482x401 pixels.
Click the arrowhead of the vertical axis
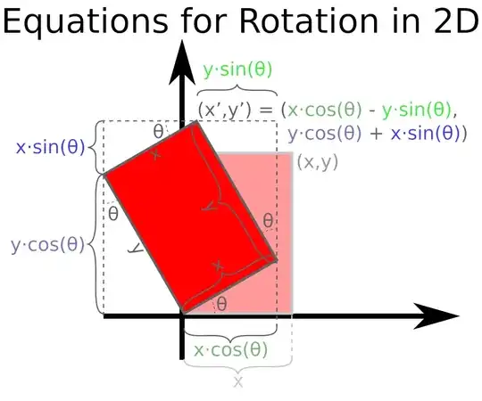pos(183,55)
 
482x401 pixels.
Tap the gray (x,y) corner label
pos(317,162)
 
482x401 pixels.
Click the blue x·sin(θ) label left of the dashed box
pos(49,147)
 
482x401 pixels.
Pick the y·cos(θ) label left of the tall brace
pos(48,244)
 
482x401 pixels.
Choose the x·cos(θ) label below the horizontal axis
pos(230,349)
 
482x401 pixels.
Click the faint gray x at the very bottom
pos(238,381)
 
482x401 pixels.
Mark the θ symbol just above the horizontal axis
pos(221,303)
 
